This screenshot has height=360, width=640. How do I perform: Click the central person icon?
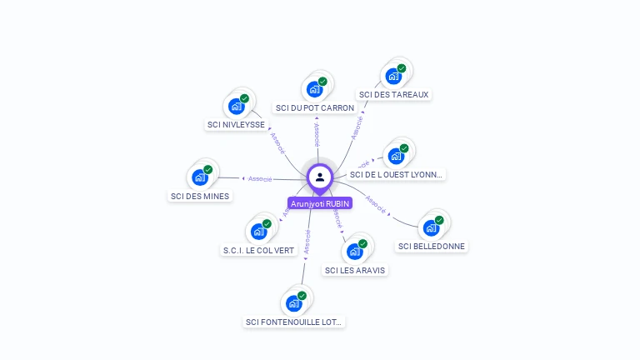coord(320,177)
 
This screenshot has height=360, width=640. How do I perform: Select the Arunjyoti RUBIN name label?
coord(320,203)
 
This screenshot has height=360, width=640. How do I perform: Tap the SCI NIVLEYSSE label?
coord(236,125)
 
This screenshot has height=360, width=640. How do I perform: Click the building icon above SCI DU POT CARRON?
coord(314,89)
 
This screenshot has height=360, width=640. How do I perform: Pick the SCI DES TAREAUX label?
coord(393,95)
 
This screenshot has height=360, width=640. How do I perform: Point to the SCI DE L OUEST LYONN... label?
coord(397,174)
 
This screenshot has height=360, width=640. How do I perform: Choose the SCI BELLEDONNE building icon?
coord(430,227)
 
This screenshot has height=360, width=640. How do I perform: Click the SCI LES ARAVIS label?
coord(356,270)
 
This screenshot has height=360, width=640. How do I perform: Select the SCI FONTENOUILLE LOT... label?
coord(294,322)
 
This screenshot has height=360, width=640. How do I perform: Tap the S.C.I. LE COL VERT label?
coord(259,250)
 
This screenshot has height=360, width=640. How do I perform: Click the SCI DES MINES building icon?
coord(199,177)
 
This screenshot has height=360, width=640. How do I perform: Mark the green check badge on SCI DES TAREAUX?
coord(402,68)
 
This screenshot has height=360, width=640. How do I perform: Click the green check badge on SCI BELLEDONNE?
coord(439,220)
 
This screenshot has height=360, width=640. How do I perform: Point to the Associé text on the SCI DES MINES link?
coord(260,178)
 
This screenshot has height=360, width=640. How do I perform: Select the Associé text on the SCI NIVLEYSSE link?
coord(277,143)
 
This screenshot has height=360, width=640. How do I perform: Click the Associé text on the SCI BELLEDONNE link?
coord(376,204)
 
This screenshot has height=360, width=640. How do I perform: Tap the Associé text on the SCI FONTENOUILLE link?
coord(307,242)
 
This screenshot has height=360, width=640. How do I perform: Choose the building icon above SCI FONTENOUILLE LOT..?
coord(293,303)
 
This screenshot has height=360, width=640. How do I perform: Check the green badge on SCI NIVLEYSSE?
coord(245,99)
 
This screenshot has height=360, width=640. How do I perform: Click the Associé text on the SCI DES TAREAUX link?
coord(357,126)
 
